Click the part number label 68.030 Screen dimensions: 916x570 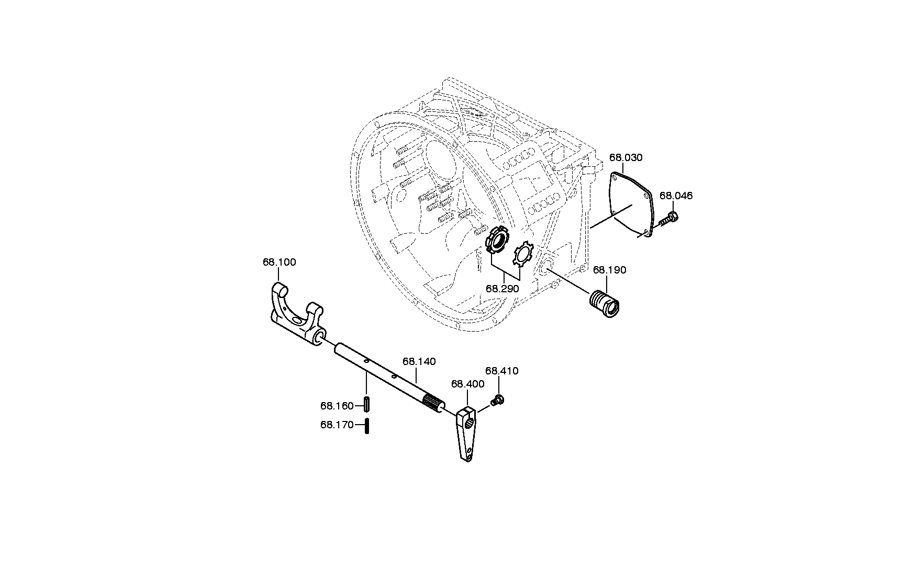coord(626,157)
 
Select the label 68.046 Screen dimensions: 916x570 coord(676,196)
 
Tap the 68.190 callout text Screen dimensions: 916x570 coord(609,270)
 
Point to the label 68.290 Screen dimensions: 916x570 coord(502,289)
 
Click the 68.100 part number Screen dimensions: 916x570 coord(280,262)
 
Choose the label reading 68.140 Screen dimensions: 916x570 coord(419,361)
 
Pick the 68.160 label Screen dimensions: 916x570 coord(337,406)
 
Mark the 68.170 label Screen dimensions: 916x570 coord(337,425)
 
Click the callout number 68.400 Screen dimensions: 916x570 coord(468,384)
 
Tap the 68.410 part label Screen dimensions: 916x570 coord(502,371)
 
